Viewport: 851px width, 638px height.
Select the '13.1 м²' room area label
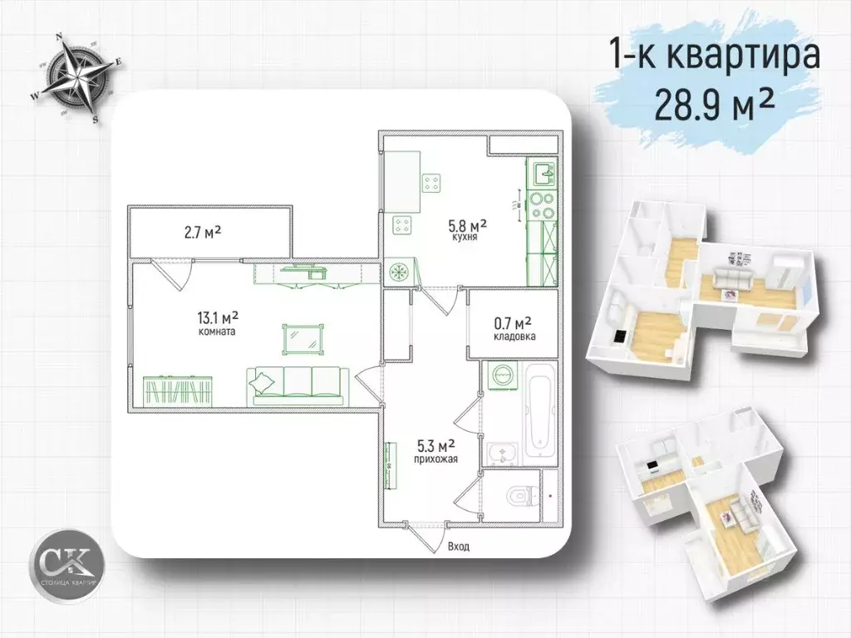point(219,317)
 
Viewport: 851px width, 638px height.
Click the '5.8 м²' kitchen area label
point(467,225)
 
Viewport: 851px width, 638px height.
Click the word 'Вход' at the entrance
point(458,547)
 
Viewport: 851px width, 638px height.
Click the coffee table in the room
point(304,336)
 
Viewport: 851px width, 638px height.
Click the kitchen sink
point(544,174)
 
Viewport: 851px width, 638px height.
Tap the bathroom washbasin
point(501,453)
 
